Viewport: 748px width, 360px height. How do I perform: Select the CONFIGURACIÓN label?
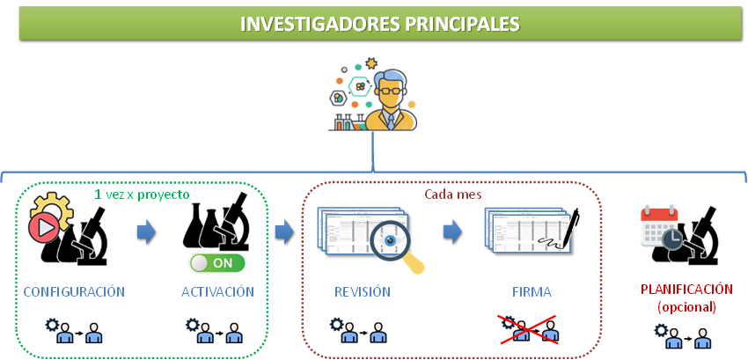coord(74,291)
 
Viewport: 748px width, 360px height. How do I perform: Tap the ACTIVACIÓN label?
coord(218,291)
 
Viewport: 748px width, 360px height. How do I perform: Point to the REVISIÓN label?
coord(363,291)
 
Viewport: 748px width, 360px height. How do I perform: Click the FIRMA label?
coord(532,291)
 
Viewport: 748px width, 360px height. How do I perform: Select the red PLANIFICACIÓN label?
coord(686,289)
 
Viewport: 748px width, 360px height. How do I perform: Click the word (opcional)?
coord(686,306)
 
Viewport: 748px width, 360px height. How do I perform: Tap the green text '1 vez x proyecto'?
coord(142,194)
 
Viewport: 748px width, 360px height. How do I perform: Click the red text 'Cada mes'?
coord(453,194)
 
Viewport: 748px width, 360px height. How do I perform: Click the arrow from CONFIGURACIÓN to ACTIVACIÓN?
coord(146,232)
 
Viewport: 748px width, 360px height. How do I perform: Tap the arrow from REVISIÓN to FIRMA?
coord(452,232)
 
